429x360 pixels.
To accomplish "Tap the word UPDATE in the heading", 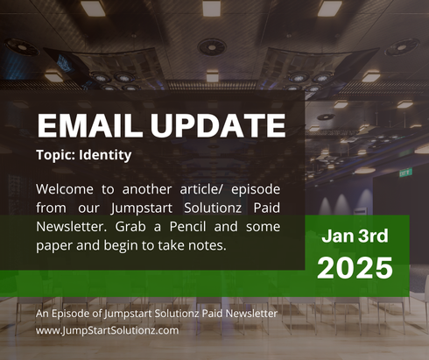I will click(215, 125).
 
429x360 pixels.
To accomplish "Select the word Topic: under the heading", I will click(58, 156).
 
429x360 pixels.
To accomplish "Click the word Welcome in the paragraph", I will click(66, 189).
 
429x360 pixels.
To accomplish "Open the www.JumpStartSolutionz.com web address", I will click(108, 330).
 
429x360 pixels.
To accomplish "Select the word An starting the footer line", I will click(43, 314).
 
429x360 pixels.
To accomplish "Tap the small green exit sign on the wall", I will click(405, 173).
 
